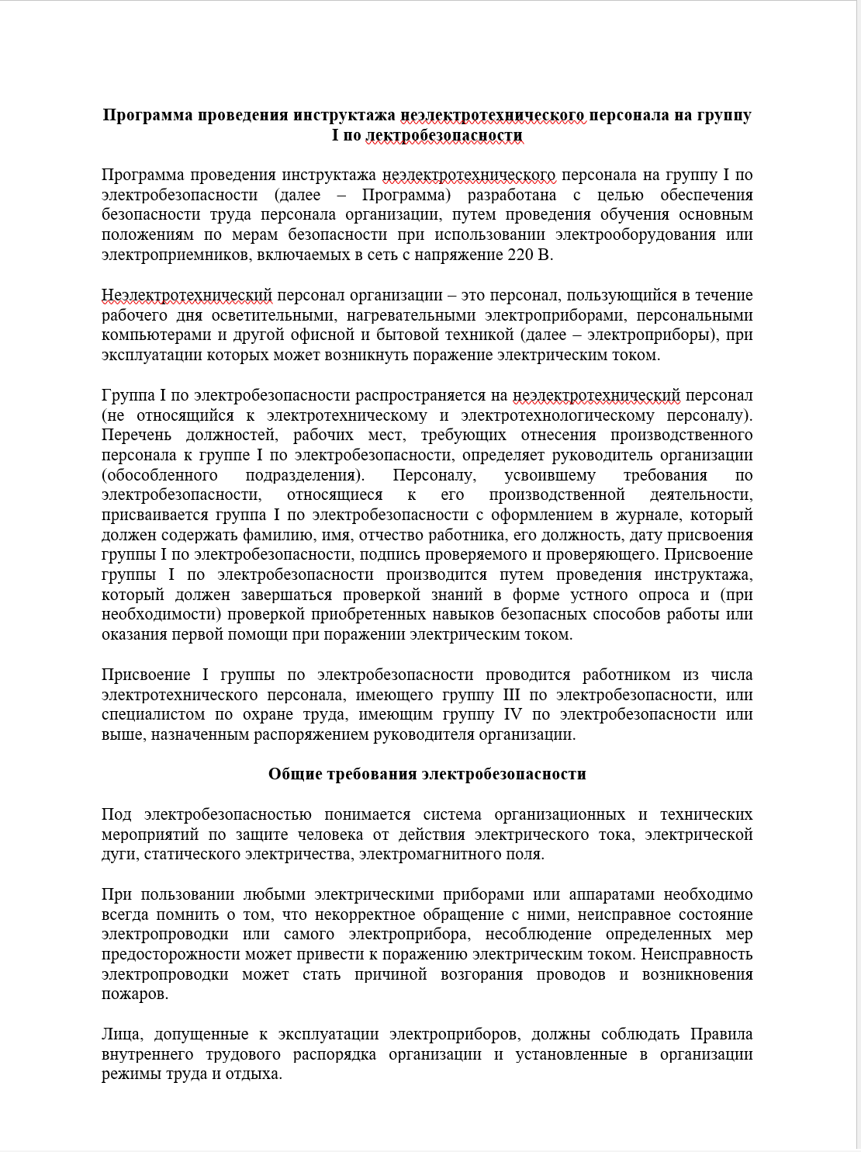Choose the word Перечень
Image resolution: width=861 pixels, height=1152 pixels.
[x=136, y=435]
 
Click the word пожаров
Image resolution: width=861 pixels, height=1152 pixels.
[x=133, y=994]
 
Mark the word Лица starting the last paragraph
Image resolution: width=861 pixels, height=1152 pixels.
[x=120, y=1034]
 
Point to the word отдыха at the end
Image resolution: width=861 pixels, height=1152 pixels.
[x=256, y=1074]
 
